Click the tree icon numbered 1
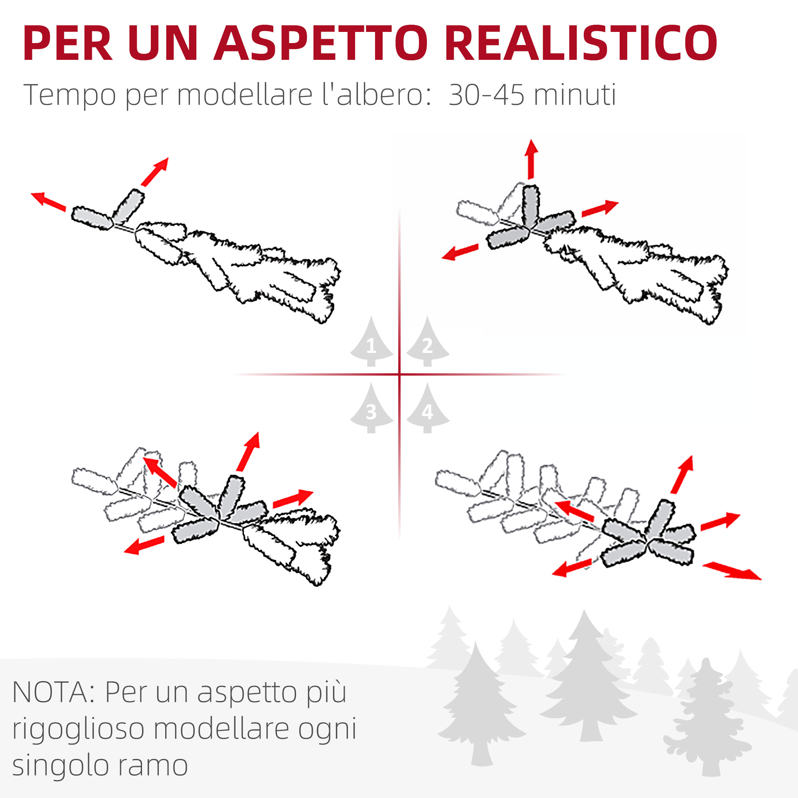(371, 341)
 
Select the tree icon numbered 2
(427, 341)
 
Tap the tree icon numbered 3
(371, 408)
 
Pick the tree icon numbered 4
(427, 408)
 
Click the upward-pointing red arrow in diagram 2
(531, 160)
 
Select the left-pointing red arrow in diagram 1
(48, 201)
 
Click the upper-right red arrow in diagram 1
(155, 172)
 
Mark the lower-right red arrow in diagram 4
(732, 571)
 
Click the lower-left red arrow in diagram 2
(460, 252)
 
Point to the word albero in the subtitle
(380, 95)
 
